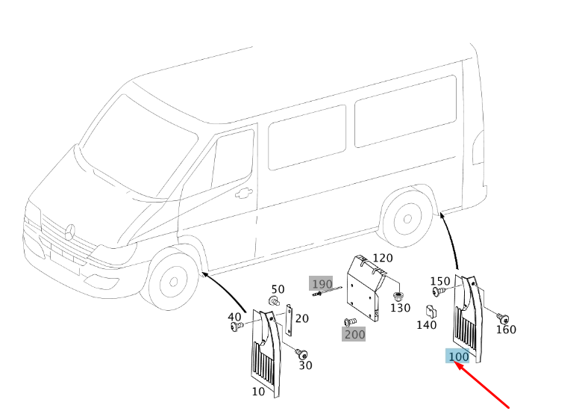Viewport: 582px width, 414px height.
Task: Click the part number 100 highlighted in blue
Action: [x=458, y=356]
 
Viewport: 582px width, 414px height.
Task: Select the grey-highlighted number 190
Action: [x=322, y=284]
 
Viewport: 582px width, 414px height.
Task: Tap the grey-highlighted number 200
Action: [x=354, y=335]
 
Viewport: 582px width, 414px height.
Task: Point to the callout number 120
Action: [x=382, y=258]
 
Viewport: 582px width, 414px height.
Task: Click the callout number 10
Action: [x=258, y=392]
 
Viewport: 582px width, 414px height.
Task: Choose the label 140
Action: [x=426, y=325]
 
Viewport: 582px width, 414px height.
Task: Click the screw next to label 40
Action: [x=237, y=327]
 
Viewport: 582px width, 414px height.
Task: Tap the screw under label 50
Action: [x=274, y=301]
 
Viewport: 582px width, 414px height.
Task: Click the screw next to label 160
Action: [x=502, y=318]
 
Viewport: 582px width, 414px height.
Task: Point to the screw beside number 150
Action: [x=438, y=291]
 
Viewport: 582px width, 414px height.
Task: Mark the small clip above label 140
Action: [x=431, y=312]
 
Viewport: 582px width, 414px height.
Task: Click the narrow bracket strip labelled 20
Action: [x=289, y=320]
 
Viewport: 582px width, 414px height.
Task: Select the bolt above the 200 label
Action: [x=350, y=322]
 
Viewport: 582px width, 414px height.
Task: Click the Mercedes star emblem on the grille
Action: [x=70, y=232]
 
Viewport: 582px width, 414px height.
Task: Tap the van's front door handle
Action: [x=243, y=194]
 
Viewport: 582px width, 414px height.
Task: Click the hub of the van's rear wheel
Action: [x=407, y=219]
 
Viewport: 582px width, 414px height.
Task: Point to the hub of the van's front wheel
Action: [x=173, y=282]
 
